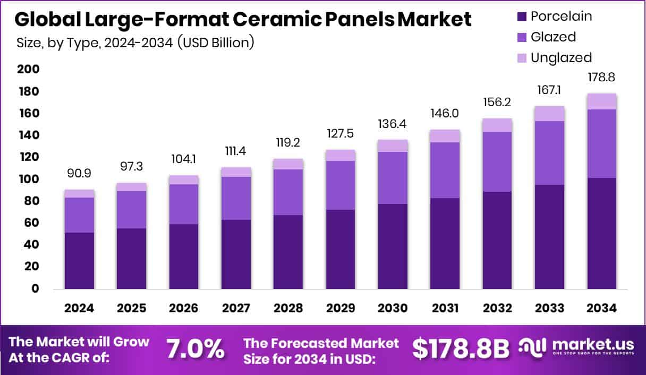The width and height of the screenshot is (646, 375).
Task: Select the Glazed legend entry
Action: [x=553, y=37]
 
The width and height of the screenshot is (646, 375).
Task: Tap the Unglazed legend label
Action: [x=561, y=57]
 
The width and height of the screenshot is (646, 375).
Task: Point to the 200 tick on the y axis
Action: [x=28, y=70]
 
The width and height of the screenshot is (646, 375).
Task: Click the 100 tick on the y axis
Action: [x=28, y=179]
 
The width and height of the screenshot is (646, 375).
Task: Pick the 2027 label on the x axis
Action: [x=236, y=309]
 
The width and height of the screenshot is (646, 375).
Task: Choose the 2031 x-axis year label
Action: [x=445, y=309]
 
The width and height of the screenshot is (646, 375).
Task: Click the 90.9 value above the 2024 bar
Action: [x=79, y=174]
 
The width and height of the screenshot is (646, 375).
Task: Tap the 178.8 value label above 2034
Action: [x=602, y=78]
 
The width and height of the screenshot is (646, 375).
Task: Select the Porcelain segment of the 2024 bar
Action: [x=79, y=260]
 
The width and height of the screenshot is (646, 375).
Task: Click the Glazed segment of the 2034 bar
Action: [x=602, y=143]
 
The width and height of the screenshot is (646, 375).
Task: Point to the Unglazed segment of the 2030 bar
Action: [x=393, y=146]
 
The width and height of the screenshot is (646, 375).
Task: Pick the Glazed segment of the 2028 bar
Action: [x=288, y=192]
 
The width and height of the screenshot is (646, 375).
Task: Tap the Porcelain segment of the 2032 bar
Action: [x=497, y=240]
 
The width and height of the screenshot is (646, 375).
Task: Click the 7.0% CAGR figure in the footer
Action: [x=195, y=350]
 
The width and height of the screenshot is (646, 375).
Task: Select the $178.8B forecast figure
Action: [x=461, y=350]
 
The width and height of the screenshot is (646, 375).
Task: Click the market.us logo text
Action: [x=593, y=345]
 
